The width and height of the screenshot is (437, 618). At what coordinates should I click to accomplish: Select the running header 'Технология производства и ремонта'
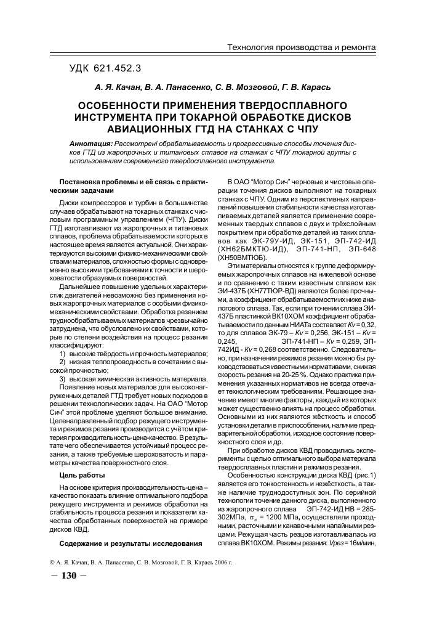click(x=301, y=47)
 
